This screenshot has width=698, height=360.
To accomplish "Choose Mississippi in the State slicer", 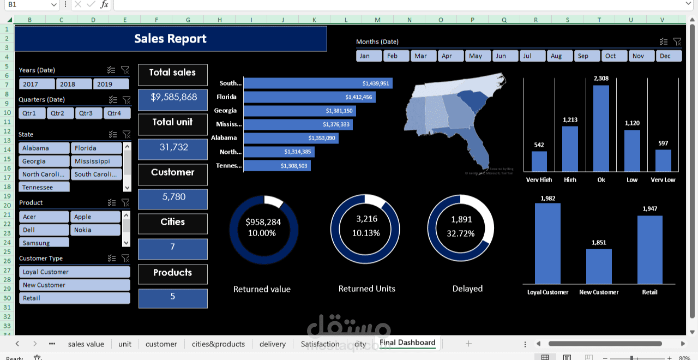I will pyautogui.click(x=96, y=161).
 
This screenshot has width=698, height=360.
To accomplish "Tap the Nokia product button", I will pyautogui.click(x=95, y=230).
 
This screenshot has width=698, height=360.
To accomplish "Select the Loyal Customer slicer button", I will pyautogui.click(x=75, y=272).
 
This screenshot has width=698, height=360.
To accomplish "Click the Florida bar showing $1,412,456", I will pyautogui.click(x=309, y=97).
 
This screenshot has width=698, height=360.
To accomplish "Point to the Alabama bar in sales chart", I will pyautogui.click(x=291, y=138).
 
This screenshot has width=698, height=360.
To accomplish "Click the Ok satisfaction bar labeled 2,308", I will pyautogui.click(x=601, y=128).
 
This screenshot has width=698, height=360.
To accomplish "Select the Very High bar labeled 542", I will pyautogui.click(x=539, y=161).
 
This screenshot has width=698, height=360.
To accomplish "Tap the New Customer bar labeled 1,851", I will pyautogui.click(x=599, y=266).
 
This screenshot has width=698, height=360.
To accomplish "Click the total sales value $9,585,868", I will pyautogui.click(x=173, y=97).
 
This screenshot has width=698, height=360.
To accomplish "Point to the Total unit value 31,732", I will pyautogui.click(x=173, y=147).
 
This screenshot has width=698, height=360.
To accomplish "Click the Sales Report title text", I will pyautogui.click(x=170, y=39).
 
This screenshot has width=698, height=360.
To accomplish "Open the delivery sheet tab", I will pyautogui.click(x=273, y=344).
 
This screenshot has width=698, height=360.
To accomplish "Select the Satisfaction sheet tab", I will pyautogui.click(x=320, y=344).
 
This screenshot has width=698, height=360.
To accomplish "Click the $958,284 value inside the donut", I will pyautogui.click(x=263, y=222).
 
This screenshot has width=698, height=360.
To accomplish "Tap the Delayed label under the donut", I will pyautogui.click(x=467, y=289).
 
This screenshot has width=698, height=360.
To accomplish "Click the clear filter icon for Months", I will pyautogui.click(x=677, y=41).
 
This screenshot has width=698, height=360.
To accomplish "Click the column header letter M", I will pyautogui.click(x=377, y=20).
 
